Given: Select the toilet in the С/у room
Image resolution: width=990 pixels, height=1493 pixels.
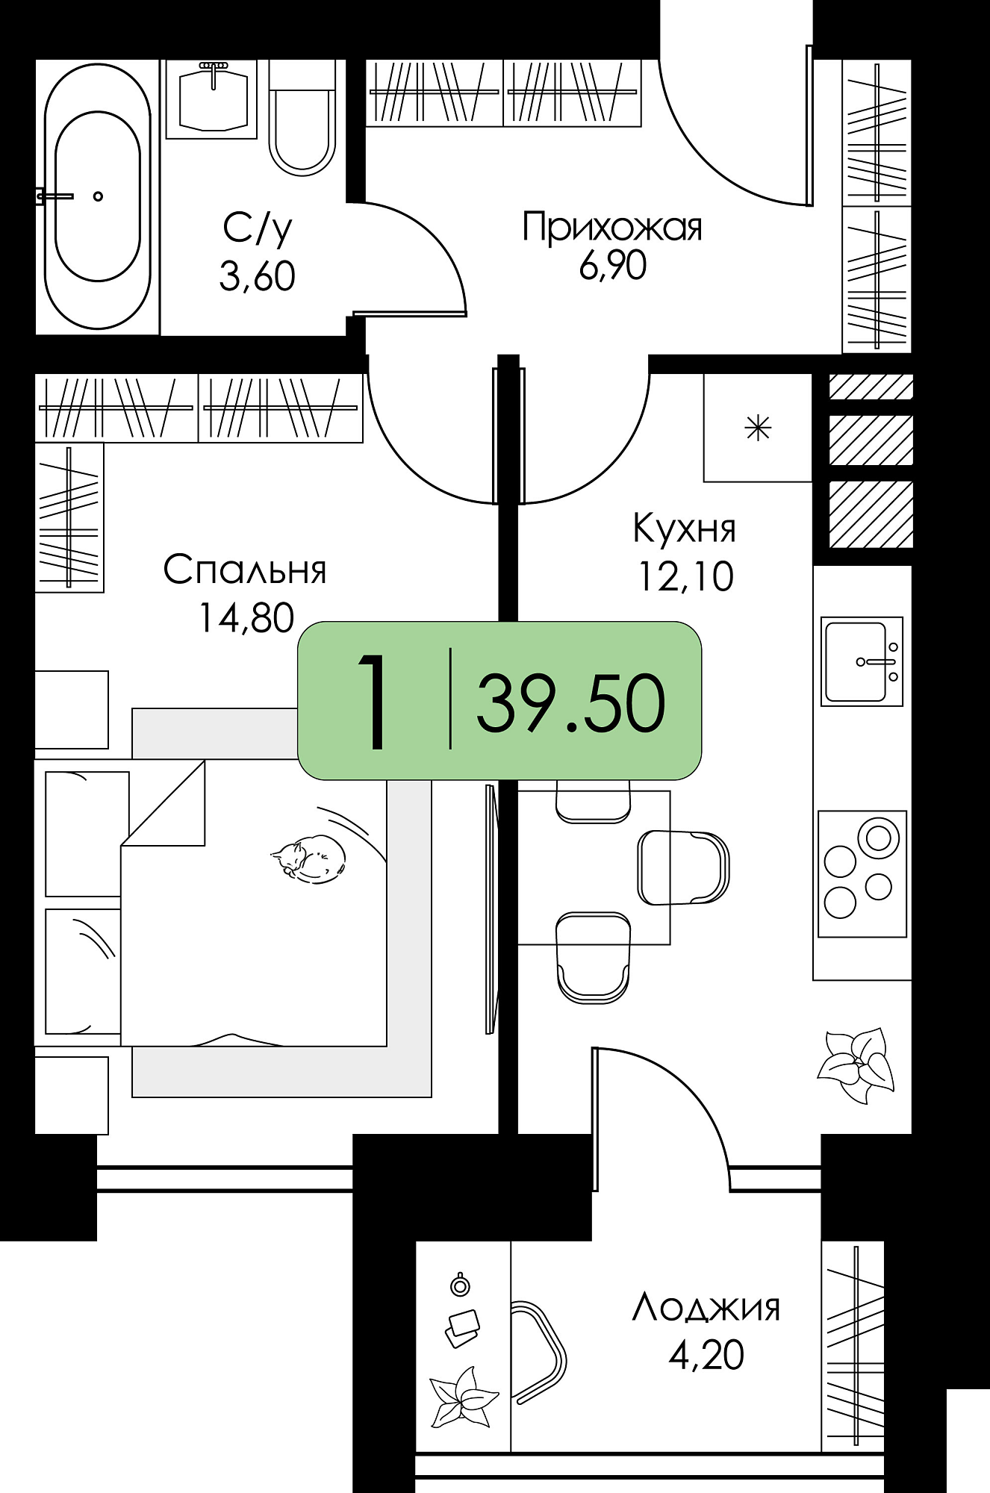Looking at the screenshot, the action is coord(302,119).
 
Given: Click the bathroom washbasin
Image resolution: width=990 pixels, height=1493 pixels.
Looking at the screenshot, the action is coord(214,99).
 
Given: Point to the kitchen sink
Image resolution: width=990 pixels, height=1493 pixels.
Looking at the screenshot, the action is coord(862,661).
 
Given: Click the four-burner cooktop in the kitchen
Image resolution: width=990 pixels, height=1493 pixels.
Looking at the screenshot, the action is coord(862,874).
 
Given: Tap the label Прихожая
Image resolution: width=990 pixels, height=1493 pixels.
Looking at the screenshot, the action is coord(612,227).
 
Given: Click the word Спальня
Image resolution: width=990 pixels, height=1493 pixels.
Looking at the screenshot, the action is coord(245,570).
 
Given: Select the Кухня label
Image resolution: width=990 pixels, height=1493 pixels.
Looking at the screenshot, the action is coord(685,528).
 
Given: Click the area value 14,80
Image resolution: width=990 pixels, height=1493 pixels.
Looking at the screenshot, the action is coord(246,618).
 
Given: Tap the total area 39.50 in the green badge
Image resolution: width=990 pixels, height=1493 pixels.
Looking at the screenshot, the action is coord(571,703).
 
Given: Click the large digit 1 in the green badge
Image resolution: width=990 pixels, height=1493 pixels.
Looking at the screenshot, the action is coord(373,700).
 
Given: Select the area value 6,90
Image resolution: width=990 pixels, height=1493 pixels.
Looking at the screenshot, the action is coord(612,266).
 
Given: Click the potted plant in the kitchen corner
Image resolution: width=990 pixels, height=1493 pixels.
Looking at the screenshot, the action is coord(856,1065).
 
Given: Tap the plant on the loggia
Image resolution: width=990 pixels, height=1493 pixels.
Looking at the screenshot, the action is coord(463,1397).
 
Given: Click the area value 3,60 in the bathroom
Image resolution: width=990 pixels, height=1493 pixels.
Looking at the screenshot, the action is coord(257,276).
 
